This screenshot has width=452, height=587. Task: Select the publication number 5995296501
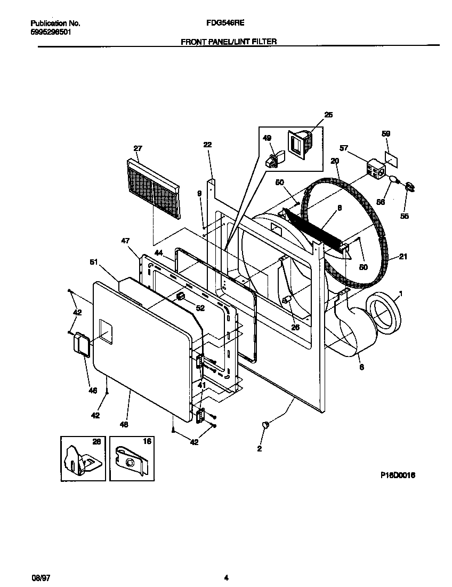pos(51,32)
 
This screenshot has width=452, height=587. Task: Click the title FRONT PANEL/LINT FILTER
pos(229,41)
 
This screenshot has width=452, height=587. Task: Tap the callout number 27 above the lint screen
pos(138,148)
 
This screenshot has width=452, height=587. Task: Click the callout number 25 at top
pos(328,115)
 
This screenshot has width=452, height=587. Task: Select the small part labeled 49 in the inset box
pos(272,158)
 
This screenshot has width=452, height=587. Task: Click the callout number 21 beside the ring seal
pos(403,257)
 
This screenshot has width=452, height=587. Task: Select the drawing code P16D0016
pos(397,475)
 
